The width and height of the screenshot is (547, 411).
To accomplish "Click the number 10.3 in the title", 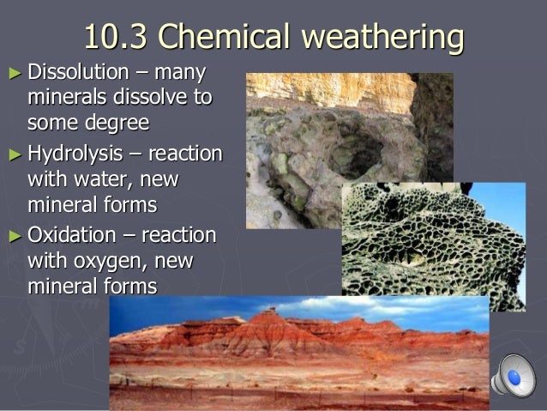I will coord(117,37).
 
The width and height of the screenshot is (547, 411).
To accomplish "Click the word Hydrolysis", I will coord(75,154).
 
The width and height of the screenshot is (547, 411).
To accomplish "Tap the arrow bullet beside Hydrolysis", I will coord(13,154).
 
